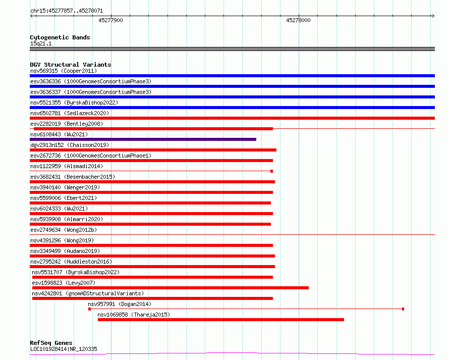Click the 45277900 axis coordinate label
(x=110, y=20)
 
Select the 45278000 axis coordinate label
(x=298, y=20)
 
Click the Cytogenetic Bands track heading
(x=60, y=37)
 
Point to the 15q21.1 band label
(x=41, y=43)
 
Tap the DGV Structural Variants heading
(x=71, y=65)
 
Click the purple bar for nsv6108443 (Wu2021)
(x=143, y=139)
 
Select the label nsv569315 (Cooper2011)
(x=64, y=71)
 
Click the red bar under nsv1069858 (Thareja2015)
(x=221, y=320)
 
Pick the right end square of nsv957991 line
(x=403, y=309)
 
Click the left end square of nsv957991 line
(x=90, y=309)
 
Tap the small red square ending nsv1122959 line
(x=272, y=171)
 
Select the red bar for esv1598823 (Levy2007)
(x=171, y=288)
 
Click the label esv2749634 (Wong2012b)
(x=64, y=230)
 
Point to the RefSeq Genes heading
(x=51, y=343)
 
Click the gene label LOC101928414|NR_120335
(x=64, y=349)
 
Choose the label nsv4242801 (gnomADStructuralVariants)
(x=88, y=293)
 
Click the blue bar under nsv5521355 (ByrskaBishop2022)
(x=232, y=108)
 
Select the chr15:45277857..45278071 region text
(x=67, y=11)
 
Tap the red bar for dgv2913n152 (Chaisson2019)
(x=153, y=150)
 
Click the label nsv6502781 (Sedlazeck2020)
(x=70, y=113)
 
